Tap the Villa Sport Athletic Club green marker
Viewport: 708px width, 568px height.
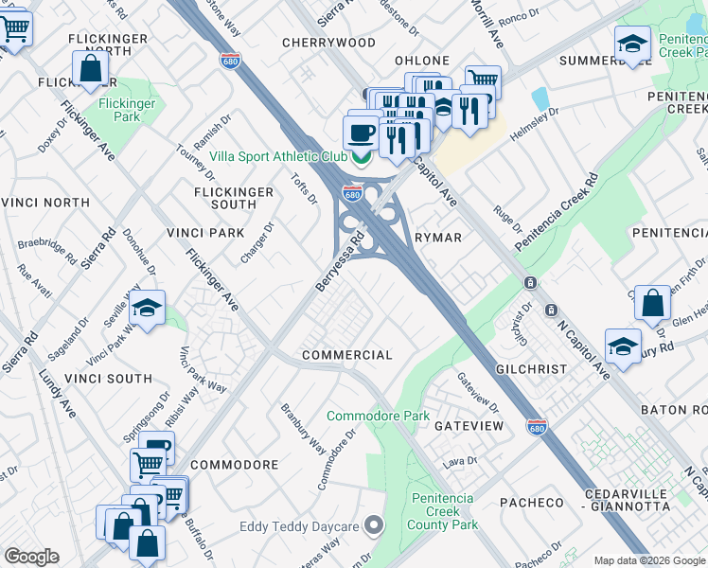click(359, 158)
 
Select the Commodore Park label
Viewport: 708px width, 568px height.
click(378, 416)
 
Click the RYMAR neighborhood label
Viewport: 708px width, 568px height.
click(437, 238)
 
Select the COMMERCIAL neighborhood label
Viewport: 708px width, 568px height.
click(346, 355)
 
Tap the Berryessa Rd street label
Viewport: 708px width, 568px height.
click(340, 264)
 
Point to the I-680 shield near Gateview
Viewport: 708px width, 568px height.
click(536, 427)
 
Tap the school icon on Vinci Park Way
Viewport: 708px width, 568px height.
click(147, 309)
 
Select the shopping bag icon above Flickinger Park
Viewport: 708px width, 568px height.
click(90, 68)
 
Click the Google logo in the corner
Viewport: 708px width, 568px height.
click(31, 557)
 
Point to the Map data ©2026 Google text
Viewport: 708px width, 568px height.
click(648, 560)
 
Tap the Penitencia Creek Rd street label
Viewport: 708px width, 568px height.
click(557, 211)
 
